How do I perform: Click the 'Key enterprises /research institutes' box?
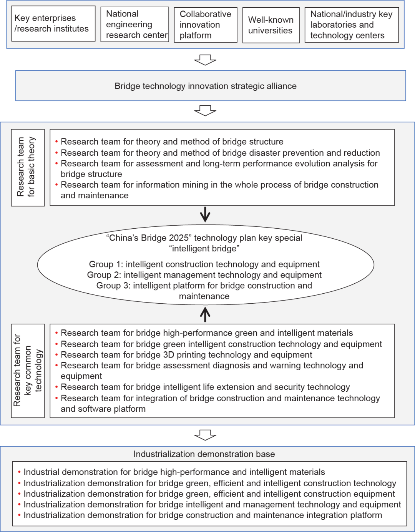pos(53,23)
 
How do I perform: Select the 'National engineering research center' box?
pos(134,24)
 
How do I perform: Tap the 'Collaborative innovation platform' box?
pos(206,25)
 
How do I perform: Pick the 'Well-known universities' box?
pos(271,25)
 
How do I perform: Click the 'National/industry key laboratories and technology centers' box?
pos(352,25)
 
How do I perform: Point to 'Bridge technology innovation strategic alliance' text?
pos(206,86)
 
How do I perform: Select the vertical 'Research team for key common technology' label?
pos(28,371)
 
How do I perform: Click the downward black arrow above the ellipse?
pos(205,214)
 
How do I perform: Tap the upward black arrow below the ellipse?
pos(205,314)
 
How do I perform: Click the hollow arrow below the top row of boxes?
pos(205,60)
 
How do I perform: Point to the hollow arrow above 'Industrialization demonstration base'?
pos(205,435)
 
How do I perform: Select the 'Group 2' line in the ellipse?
pos(204,275)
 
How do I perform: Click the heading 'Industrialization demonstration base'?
pos(204,454)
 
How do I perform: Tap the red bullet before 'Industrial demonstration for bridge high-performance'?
pos(20,472)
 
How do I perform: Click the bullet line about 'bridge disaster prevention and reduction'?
pos(220,153)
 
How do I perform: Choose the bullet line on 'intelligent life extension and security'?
pos(205,387)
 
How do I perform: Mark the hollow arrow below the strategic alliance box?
pos(205,111)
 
